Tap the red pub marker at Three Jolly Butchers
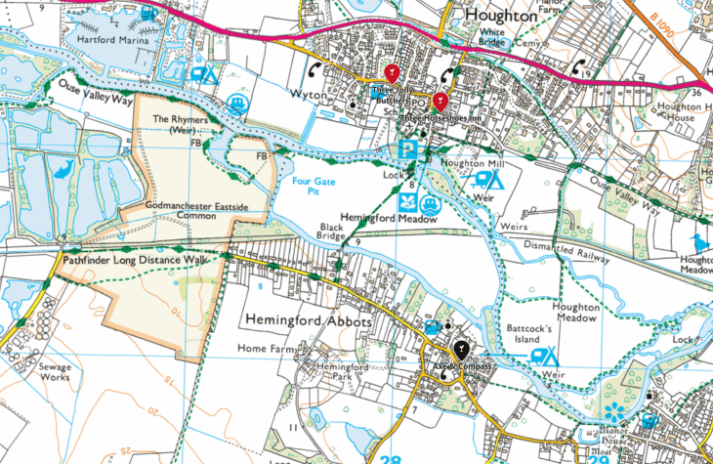pyautogui.click(x=392, y=73)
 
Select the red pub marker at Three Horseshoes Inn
pyautogui.click(x=440, y=101)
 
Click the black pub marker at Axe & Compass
pyautogui.click(x=460, y=349)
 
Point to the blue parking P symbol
pyautogui.click(x=409, y=149)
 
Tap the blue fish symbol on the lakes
pyautogui.click(x=62, y=170)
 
